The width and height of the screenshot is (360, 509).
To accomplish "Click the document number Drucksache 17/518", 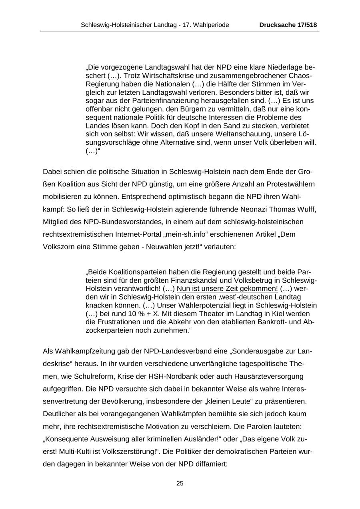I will tap(288, 25).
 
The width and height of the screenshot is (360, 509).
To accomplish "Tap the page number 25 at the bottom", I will tap(180, 483).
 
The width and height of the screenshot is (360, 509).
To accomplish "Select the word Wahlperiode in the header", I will tap(212, 25).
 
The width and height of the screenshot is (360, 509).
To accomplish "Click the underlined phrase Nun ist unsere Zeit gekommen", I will tap(228, 289).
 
